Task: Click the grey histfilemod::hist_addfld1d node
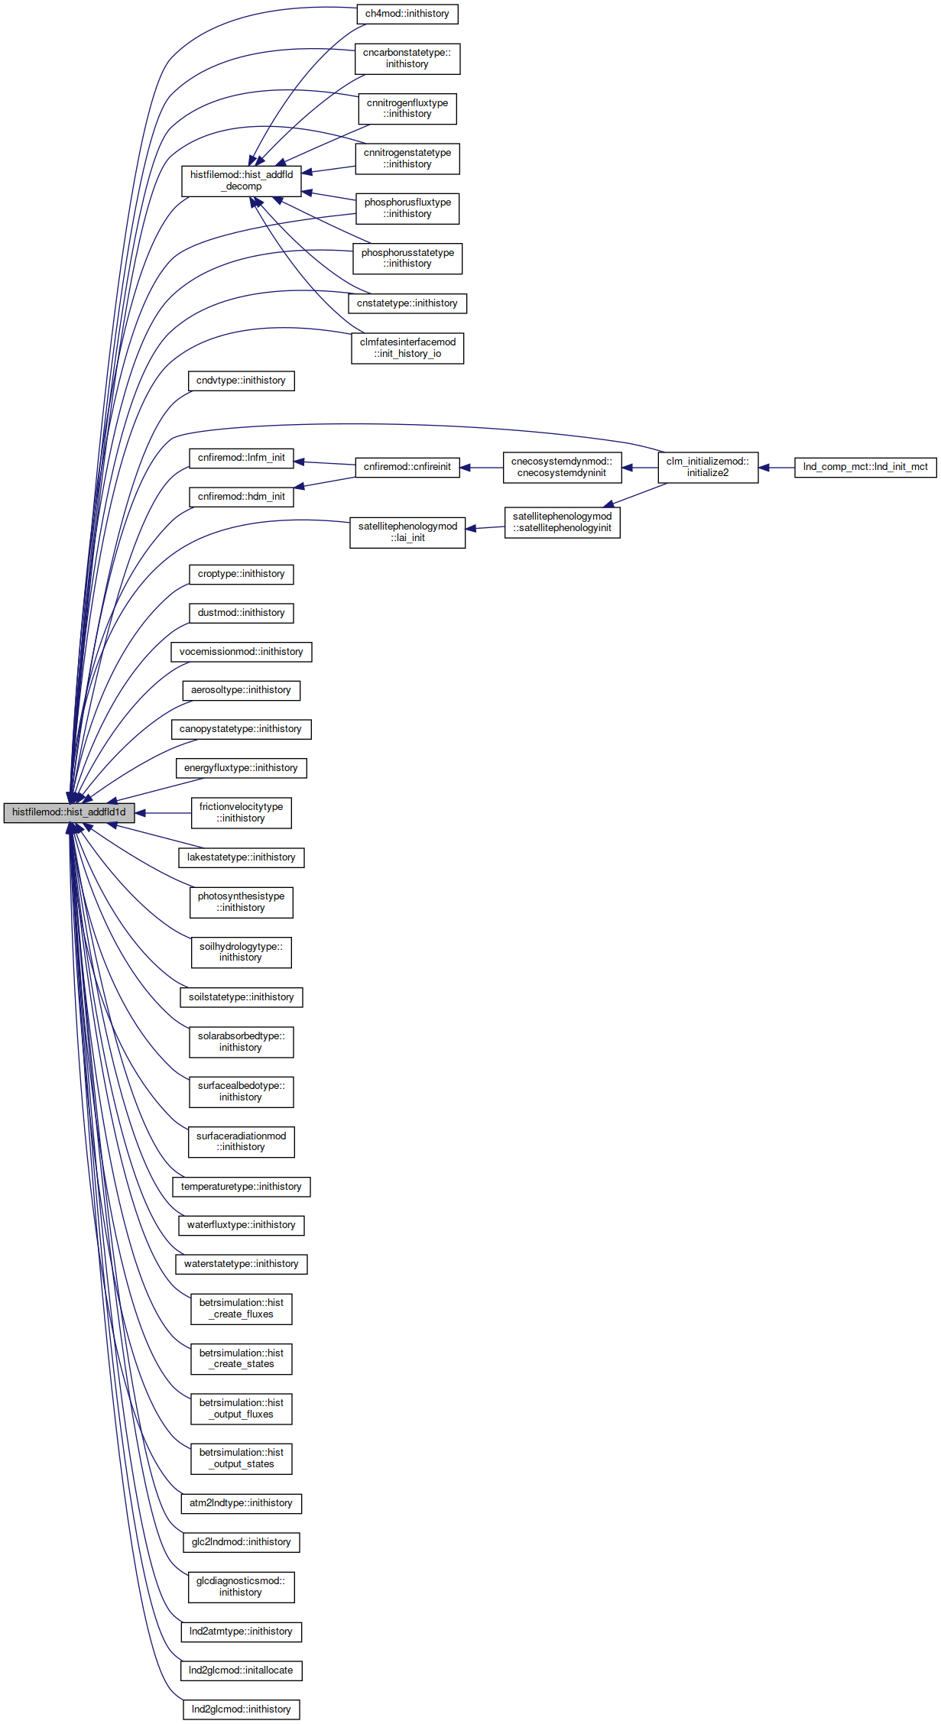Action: click(69, 812)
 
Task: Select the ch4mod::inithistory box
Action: click(407, 14)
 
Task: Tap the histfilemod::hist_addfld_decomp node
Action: click(242, 181)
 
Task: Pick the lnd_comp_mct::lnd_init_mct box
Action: click(865, 467)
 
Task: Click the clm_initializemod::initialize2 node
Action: click(708, 467)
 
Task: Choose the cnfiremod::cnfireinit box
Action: click(407, 467)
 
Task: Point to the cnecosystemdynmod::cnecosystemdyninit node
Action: click(562, 467)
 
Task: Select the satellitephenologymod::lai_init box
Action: click(407, 532)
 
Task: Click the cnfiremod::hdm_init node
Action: click(242, 497)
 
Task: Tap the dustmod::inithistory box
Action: click(242, 613)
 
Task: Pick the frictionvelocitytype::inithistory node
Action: click(242, 812)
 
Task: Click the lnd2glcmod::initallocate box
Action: click(242, 1671)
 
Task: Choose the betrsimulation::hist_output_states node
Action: click(242, 1458)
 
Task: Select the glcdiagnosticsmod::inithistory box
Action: click(242, 1586)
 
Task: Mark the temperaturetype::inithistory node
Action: click(242, 1187)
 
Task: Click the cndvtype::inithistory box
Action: click(242, 381)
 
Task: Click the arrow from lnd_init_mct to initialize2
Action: click(777, 468)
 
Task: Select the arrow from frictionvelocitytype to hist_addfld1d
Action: click(163, 813)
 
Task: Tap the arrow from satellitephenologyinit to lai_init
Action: click(485, 528)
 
